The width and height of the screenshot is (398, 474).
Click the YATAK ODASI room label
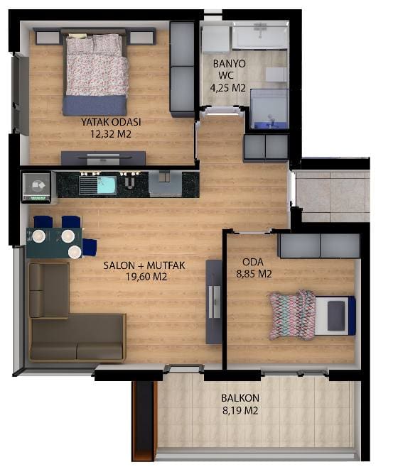pos(111,122)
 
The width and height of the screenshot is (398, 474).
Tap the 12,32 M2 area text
pos(111,134)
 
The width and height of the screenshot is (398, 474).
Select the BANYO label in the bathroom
pos(230,64)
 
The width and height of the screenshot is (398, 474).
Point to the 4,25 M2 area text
pos(227,88)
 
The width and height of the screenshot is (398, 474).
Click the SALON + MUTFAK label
pos(144,265)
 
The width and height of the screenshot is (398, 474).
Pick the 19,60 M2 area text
pos(146,277)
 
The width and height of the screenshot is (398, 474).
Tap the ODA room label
pos(253,262)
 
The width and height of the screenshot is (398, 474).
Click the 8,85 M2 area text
pos(254,274)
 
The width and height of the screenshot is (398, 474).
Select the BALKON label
pos(240,398)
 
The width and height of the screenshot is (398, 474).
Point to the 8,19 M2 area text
pos(240,411)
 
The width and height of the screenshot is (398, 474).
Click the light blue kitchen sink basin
pos(107,185)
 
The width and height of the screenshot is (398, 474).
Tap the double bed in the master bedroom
pos(95,72)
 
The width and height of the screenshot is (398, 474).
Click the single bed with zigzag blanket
pos(312,315)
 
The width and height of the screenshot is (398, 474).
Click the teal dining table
pos(54,243)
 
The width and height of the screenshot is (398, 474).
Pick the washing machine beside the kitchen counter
pos(36,187)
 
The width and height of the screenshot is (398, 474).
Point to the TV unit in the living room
pos(214,302)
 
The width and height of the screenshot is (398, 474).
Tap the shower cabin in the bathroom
pos(269,109)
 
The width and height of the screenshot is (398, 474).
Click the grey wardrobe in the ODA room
pos(319,246)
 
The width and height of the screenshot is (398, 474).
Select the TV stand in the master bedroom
pos(103,158)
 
